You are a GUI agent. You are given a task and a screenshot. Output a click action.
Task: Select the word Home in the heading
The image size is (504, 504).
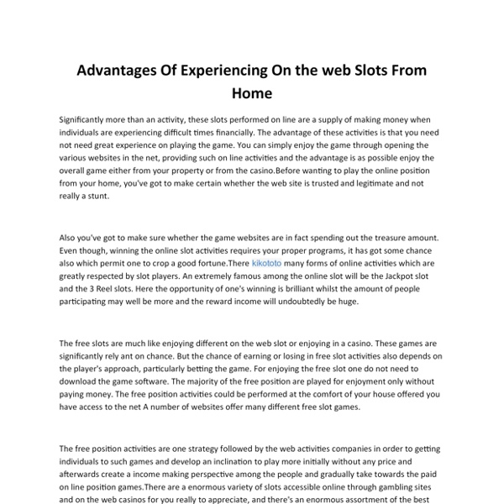(252, 95)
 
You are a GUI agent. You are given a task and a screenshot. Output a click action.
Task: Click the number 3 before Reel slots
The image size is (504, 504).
(80, 288)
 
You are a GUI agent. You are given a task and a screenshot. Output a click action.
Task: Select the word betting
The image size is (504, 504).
(192, 369)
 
